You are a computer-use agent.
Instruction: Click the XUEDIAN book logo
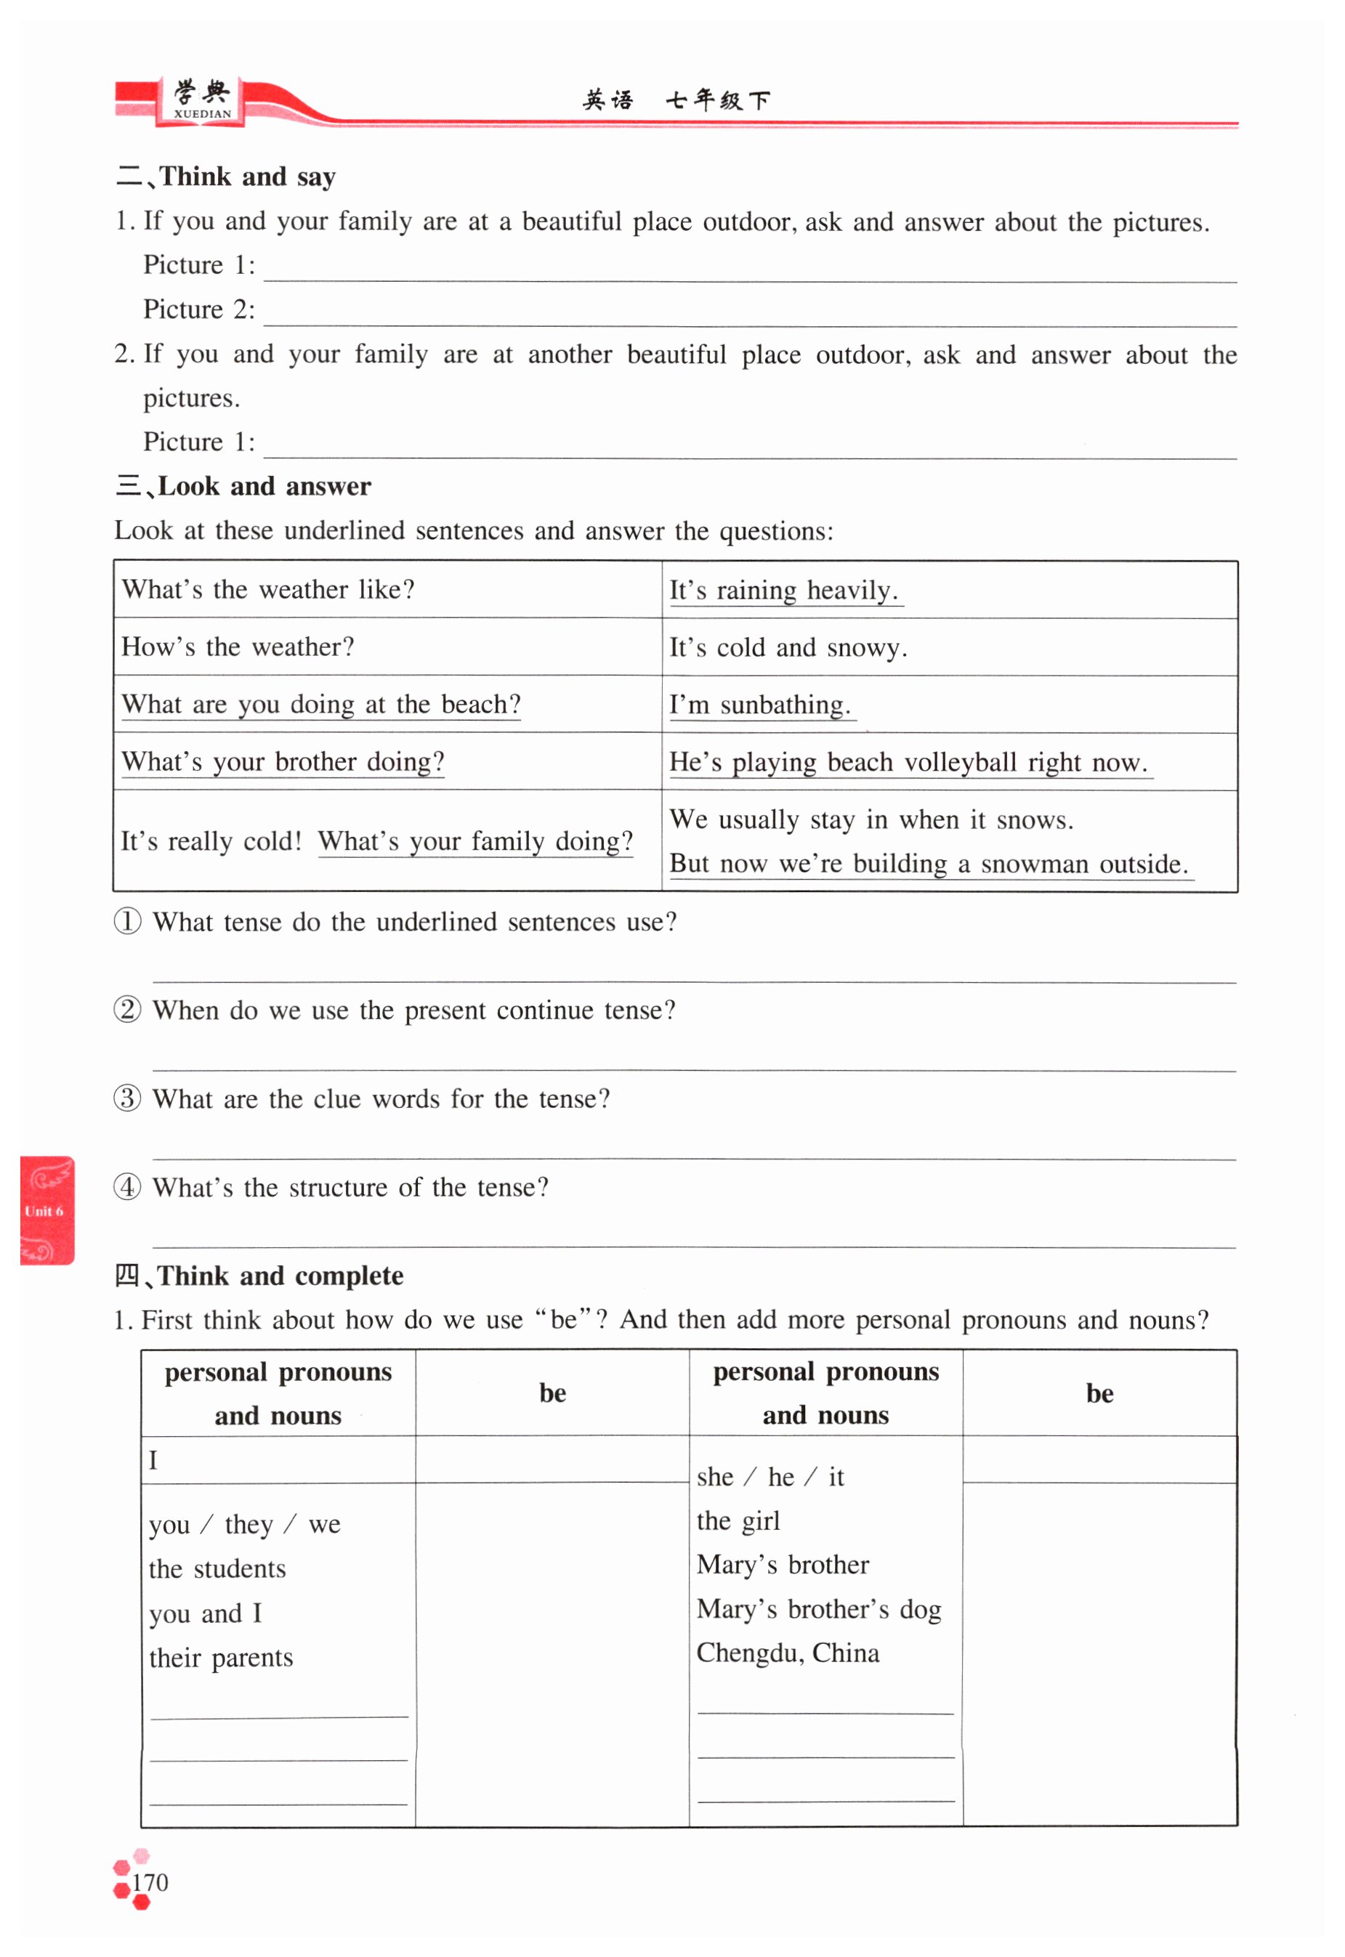point(201,100)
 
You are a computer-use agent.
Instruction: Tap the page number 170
point(150,1882)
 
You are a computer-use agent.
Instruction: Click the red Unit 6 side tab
point(47,1210)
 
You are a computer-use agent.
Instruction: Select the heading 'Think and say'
point(247,177)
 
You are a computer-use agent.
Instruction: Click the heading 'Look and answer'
point(264,486)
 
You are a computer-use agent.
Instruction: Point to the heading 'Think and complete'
point(280,1276)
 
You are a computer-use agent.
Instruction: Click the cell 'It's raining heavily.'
point(784,590)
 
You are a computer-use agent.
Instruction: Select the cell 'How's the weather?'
point(238,647)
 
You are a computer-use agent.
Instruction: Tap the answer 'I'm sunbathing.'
point(760,705)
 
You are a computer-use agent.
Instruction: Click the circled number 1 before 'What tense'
point(127,921)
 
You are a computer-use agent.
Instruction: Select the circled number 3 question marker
point(127,1098)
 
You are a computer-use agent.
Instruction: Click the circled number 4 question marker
point(127,1187)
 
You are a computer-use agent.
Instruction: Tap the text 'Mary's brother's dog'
point(818,1609)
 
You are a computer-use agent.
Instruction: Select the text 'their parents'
point(221,1657)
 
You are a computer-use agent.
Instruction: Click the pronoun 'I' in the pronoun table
point(153,1460)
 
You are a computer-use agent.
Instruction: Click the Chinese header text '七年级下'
point(717,101)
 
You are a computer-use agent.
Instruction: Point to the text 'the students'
point(217,1568)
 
